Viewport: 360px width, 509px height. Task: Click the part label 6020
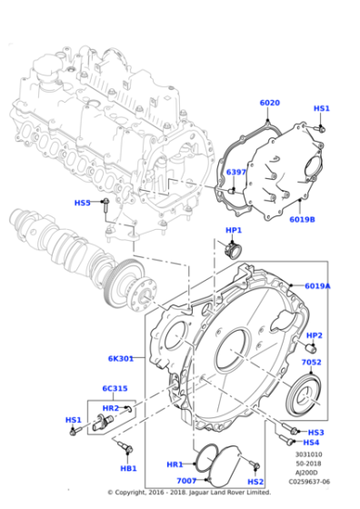click(270, 103)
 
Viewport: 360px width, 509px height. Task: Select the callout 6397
click(235, 172)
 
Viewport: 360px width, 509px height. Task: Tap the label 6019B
click(302, 219)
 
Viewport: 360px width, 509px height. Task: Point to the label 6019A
click(317, 285)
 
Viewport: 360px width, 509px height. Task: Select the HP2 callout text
click(315, 335)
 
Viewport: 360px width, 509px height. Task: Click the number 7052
click(312, 362)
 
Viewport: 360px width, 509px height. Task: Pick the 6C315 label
click(114, 388)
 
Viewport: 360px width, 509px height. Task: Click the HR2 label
click(109, 409)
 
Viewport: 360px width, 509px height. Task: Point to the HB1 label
click(128, 468)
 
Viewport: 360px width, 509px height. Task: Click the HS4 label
click(312, 443)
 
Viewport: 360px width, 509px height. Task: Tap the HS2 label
click(255, 481)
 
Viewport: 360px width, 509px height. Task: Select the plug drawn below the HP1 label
click(233, 248)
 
